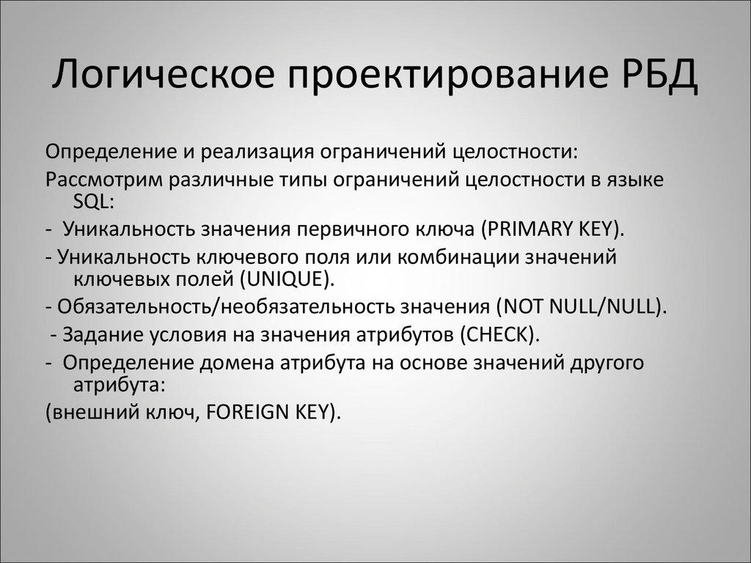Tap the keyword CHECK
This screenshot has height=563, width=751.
coord(496,334)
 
